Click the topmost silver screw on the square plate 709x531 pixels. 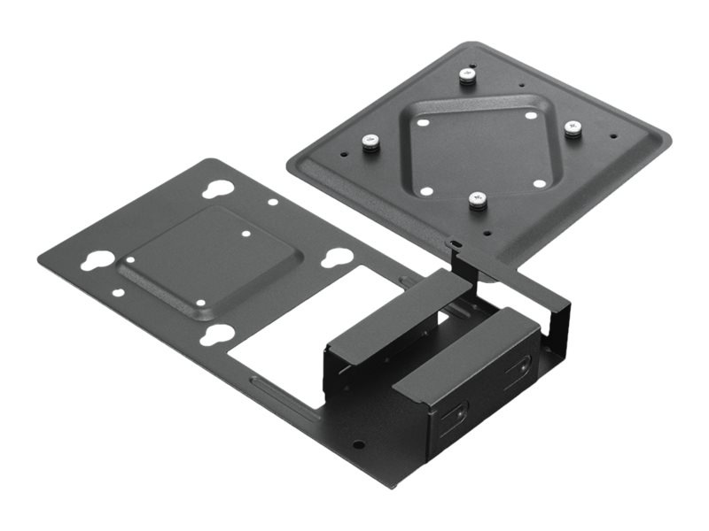click(467, 77)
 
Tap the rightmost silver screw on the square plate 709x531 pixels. click(573, 130)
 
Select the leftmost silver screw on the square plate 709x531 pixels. click(370, 142)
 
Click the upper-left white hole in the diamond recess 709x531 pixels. click(424, 123)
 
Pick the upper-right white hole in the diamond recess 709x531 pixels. click(530, 115)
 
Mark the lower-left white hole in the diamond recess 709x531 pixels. click(426, 190)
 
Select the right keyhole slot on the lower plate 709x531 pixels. click(335, 258)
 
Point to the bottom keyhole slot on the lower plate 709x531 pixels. click(216, 335)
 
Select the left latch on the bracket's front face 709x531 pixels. click(460, 412)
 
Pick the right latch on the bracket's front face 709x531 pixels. click(522, 366)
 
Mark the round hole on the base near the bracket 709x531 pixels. click(358, 446)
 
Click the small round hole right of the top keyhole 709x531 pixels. click(272, 202)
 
